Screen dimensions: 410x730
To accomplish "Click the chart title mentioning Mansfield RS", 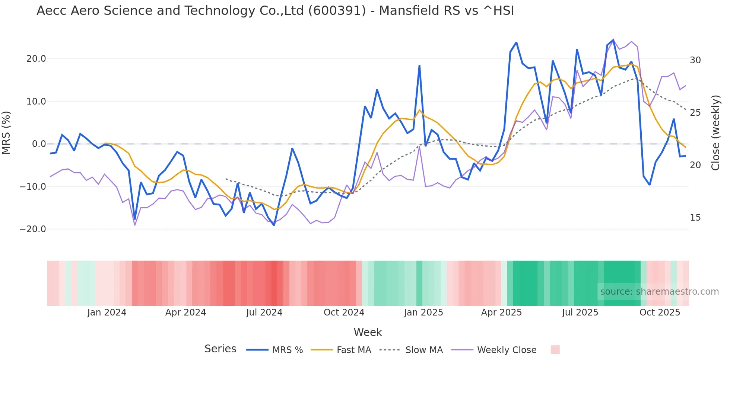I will point(275,11).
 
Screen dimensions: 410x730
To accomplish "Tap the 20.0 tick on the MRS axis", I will point(36,59).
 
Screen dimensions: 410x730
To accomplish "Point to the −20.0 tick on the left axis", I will point(33,229).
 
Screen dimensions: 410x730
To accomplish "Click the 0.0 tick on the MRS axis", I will point(39,144).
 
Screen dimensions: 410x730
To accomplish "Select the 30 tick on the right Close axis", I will point(695,60).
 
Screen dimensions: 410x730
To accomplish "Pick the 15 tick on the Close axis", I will point(695,218).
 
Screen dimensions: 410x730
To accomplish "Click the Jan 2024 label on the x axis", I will point(107,313).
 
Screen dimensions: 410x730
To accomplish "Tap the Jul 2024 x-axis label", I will point(264,313).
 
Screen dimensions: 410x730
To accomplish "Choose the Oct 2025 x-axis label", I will point(660,313).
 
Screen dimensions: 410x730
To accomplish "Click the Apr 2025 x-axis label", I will point(501,313).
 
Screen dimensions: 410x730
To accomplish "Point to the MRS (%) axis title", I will point(6,132).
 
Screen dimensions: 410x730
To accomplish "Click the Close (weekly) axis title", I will point(715,133).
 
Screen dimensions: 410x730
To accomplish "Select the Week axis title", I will point(368,332).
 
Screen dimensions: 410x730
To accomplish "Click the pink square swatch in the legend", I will point(555,350).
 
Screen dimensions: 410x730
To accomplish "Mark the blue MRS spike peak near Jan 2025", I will point(419,66).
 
